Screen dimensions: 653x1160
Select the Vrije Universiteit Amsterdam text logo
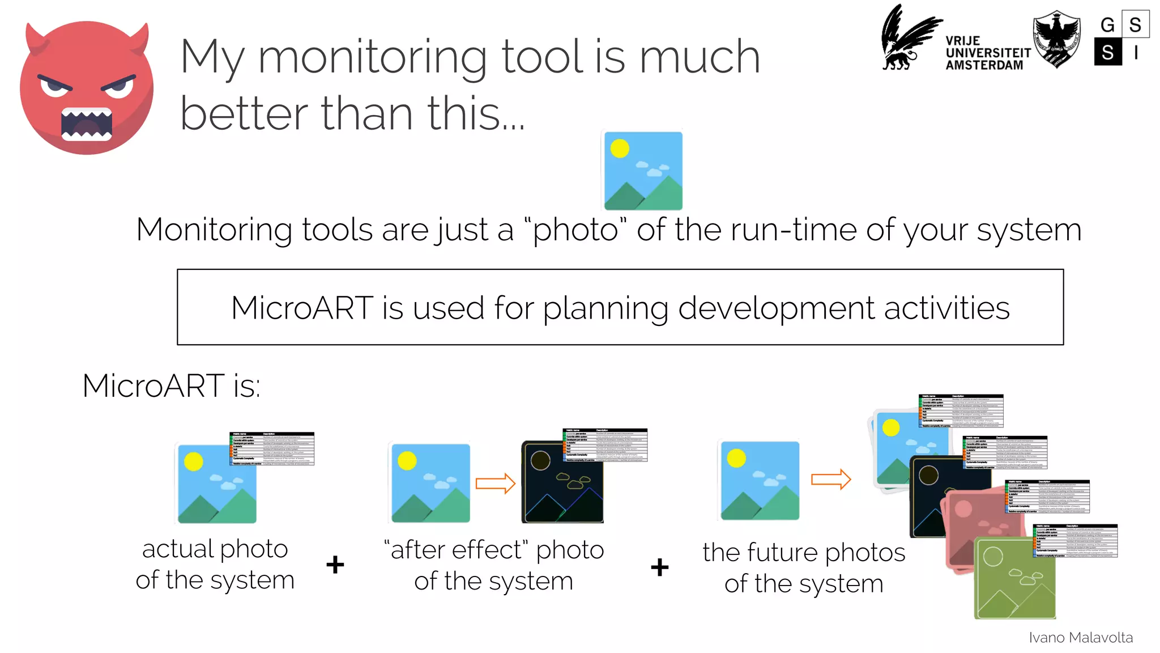tap(987, 53)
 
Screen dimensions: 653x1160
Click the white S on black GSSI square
tap(1108, 53)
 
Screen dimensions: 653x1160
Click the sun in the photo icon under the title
tap(620, 149)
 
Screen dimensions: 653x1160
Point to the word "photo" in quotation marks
tap(575, 230)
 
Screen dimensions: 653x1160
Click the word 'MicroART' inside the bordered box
tap(302, 308)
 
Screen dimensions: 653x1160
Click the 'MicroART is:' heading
tap(172, 386)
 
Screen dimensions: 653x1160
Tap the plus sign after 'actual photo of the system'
tap(335, 565)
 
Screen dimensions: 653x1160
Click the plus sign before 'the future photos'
tap(659, 567)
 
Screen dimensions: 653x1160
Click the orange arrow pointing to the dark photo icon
tap(495, 484)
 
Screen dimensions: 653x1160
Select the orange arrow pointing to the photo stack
tap(830, 480)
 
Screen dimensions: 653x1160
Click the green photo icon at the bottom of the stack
tap(1014, 578)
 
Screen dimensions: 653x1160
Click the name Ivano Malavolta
tap(1080, 638)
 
